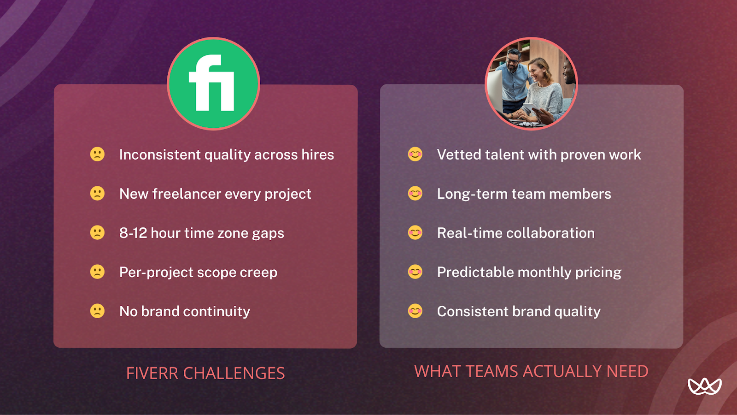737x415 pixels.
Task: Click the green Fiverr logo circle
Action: coord(213,84)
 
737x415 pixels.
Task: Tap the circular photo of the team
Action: coord(531,84)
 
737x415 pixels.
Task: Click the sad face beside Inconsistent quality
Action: coord(97,154)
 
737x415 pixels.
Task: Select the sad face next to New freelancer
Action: coord(97,193)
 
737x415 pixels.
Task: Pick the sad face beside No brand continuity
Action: coord(97,311)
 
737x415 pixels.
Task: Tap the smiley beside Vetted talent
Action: coord(415,154)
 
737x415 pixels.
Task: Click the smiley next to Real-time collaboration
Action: coord(415,232)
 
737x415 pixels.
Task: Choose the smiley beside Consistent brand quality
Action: coord(415,311)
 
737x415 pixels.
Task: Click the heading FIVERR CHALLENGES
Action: coord(205,373)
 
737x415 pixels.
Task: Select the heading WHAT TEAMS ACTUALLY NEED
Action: coord(531,371)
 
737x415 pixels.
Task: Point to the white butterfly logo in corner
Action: coord(704,386)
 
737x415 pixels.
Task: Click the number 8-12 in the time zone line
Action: coord(133,233)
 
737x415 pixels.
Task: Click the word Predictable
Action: coord(475,272)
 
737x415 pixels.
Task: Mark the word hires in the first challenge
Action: coord(317,154)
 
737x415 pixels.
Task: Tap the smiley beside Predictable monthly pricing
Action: coord(415,272)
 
